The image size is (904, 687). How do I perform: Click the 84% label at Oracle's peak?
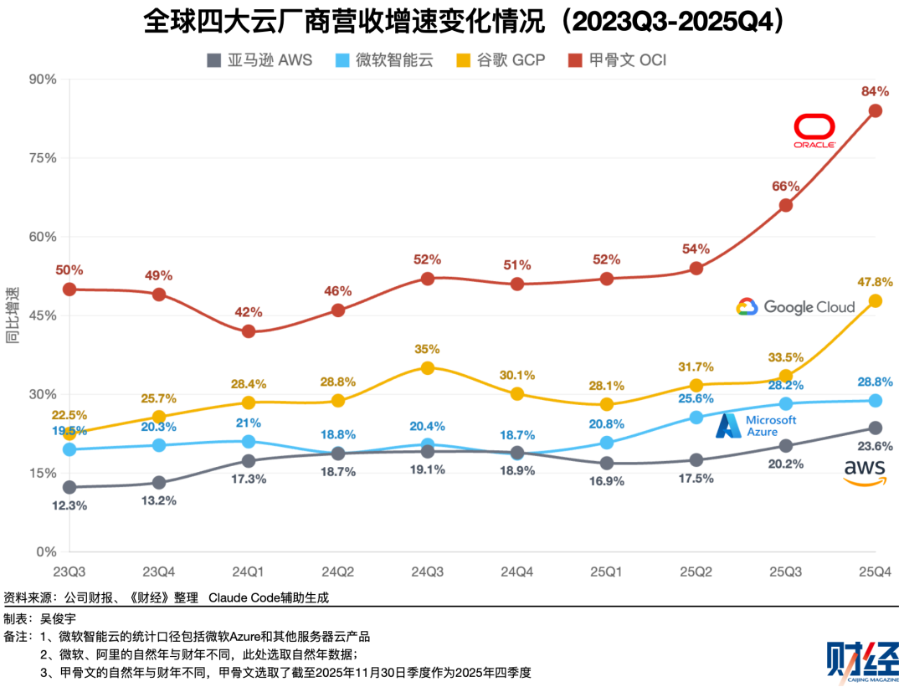click(875, 91)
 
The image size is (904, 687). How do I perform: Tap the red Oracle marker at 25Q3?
click(785, 205)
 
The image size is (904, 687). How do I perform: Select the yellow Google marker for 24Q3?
click(428, 367)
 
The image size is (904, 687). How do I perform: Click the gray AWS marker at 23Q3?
click(69, 487)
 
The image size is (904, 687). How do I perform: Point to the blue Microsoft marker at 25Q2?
click(696, 417)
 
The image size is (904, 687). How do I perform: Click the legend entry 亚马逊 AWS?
click(259, 60)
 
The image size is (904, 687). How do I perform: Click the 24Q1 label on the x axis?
click(249, 572)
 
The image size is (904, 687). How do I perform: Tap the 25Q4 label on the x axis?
click(875, 572)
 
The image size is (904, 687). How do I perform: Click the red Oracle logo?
click(814, 132)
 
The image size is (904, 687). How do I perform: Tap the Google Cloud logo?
click(795, 307)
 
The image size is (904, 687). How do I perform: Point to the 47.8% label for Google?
click(875, 282)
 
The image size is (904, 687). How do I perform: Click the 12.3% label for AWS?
click(69, 505)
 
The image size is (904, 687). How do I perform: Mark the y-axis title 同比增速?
click(13, 315)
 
